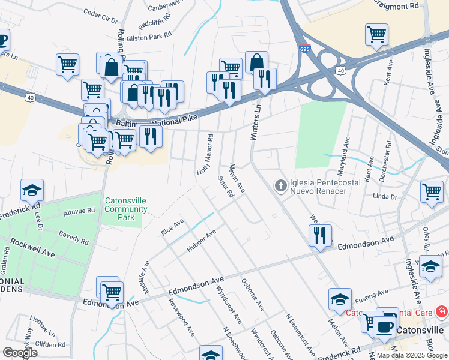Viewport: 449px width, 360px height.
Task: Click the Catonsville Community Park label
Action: pyautogui.click(x=125, y=209)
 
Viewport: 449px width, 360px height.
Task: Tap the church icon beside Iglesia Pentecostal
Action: pyautogui.click(x=280, y=186)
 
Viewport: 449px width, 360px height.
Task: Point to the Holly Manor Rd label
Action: pyautogui.click(x=205, y=154)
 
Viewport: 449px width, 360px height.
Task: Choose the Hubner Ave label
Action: pyautogui.click(x=202, y=239)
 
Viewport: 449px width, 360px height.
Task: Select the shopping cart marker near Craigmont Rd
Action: pyautogui.click(x=376, y=34)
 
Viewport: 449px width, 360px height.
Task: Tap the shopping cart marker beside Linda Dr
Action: pyautogui.click(x=432, y=192)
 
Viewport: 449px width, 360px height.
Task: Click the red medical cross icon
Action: pyautogui.click(x=442, y=312)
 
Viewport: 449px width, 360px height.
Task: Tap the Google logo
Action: pyautogui.click(x=20, y=353)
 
